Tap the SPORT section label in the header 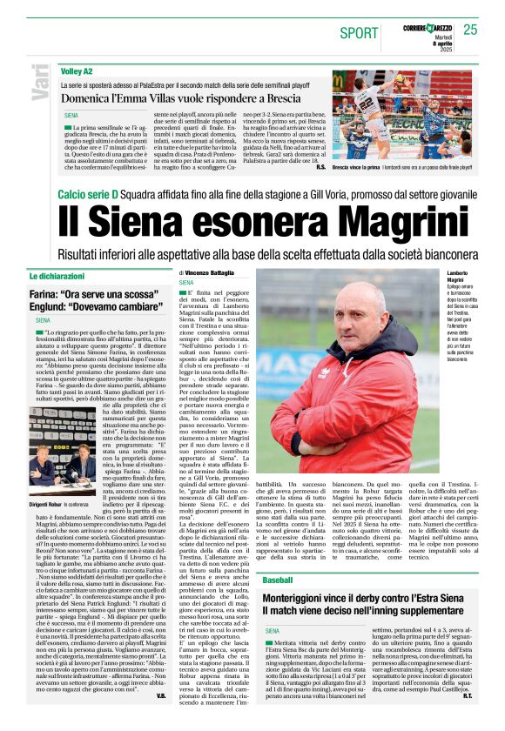(359, 33)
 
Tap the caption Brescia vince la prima (360, 167)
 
